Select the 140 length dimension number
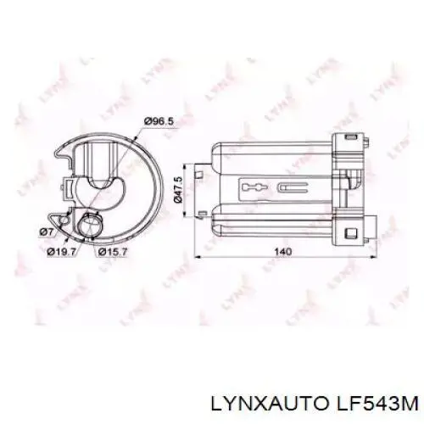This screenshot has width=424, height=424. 284,252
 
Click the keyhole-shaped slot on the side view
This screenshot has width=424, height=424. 253,187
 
